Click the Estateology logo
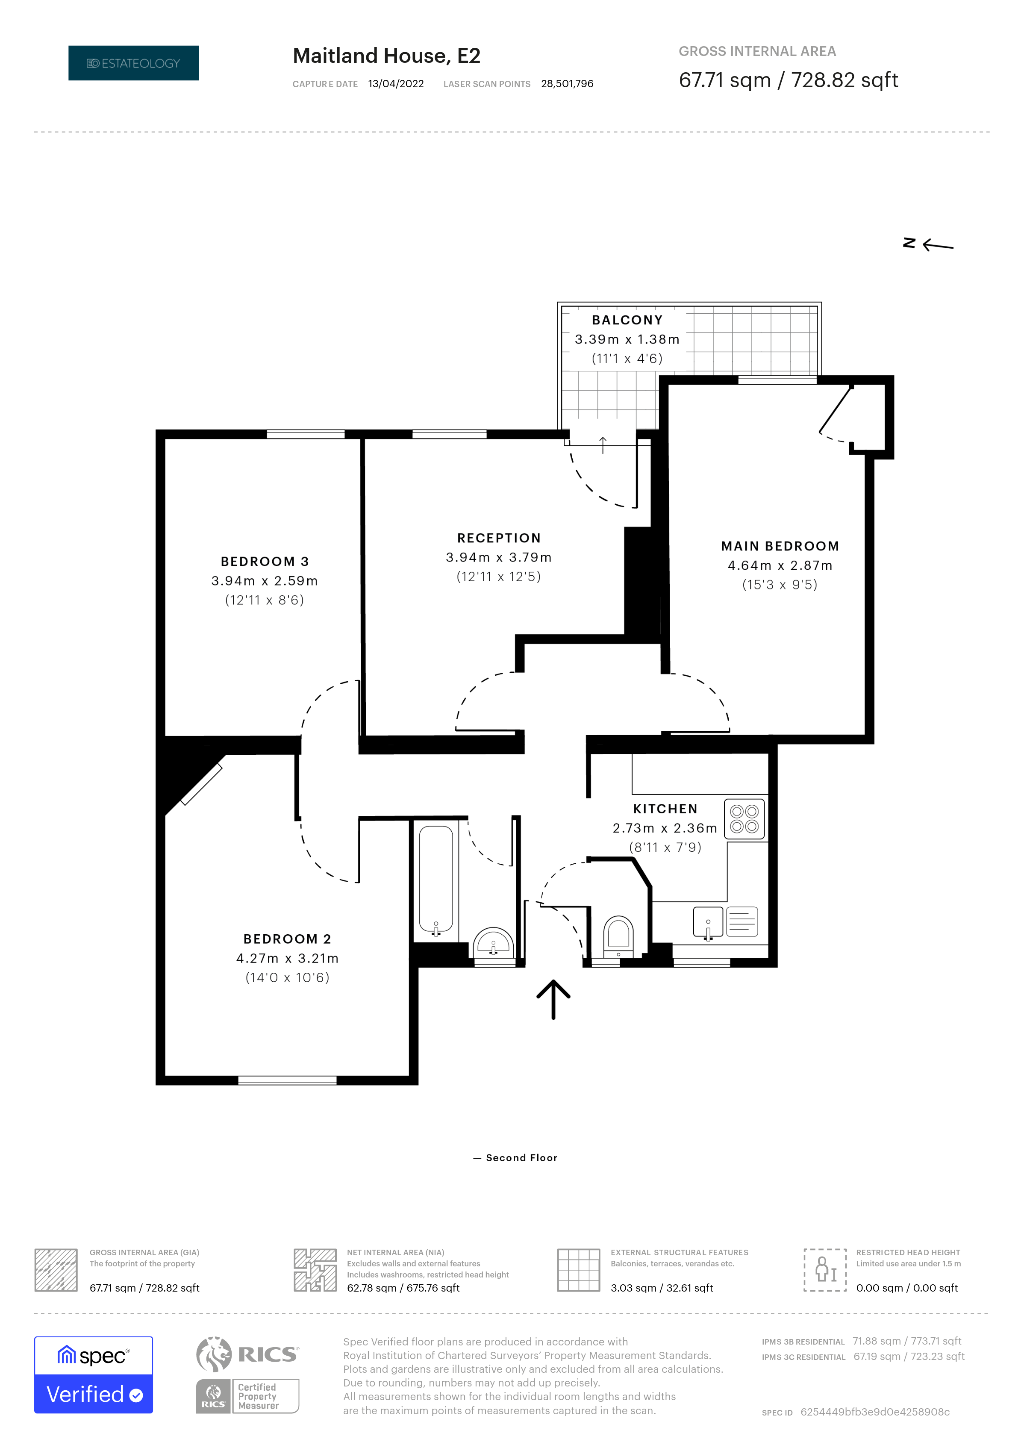click(134, 63)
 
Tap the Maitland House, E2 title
click(386, 56)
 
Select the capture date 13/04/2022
click(396, 84)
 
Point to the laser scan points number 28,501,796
click(567, 84)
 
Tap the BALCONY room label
click(627, 321)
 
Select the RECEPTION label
click(499, 538)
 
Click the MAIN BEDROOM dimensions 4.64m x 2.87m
click(780, 566)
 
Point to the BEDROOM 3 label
click(265, 561)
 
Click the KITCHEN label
click(665, 809)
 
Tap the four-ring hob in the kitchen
click(744, 818)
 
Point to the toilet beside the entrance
click(618, 936)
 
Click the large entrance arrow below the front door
click(553, 999)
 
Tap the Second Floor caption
click(521, 1158)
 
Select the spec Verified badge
click(93, 1375)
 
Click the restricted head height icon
click(825, 1269)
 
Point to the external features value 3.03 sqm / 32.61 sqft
click(662, 1288)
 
